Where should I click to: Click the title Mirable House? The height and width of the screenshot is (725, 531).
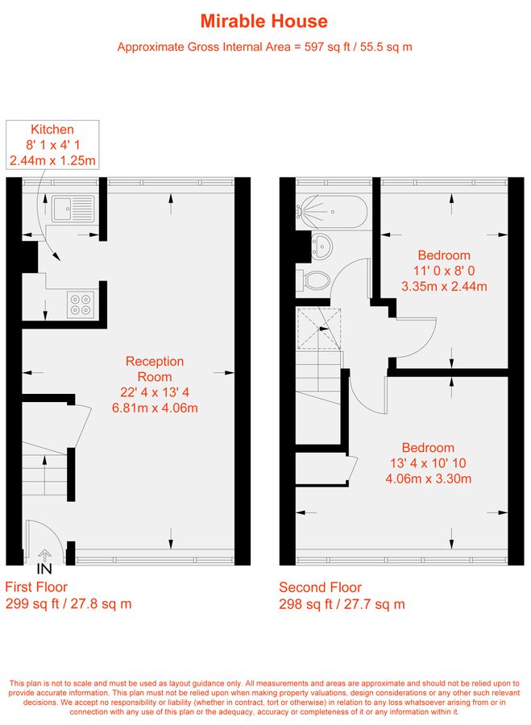click(x=264, y=21)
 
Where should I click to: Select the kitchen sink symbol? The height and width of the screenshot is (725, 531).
click(x=73, y=209)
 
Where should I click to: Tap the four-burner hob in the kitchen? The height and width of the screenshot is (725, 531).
click(x=80, y=304)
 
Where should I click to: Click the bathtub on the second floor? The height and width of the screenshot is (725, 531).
click(x=332, y=212)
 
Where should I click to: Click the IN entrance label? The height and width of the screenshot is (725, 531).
click(x=44, y=569)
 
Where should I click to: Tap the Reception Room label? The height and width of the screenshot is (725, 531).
click(x=155, y=369)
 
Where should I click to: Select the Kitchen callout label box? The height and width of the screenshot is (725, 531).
click(x=52, y=145)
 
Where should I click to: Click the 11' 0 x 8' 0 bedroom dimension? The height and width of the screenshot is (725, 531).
click(x=444, y=271)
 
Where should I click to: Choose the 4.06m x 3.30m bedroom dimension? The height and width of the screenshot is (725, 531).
click(x=429, y=478)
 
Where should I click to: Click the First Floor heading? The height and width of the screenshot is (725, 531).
click(x=36, y=587)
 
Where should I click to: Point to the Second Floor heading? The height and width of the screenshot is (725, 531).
click(x=320, y=587)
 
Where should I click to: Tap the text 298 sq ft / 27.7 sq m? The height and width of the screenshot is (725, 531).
click(x=342, y=604)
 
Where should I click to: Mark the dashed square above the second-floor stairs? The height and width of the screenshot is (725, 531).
click(x=319, y=329)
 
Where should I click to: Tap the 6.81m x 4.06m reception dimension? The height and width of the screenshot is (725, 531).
click(x=155, y=408)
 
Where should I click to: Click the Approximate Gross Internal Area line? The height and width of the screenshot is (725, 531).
click(x=264, y=47)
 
